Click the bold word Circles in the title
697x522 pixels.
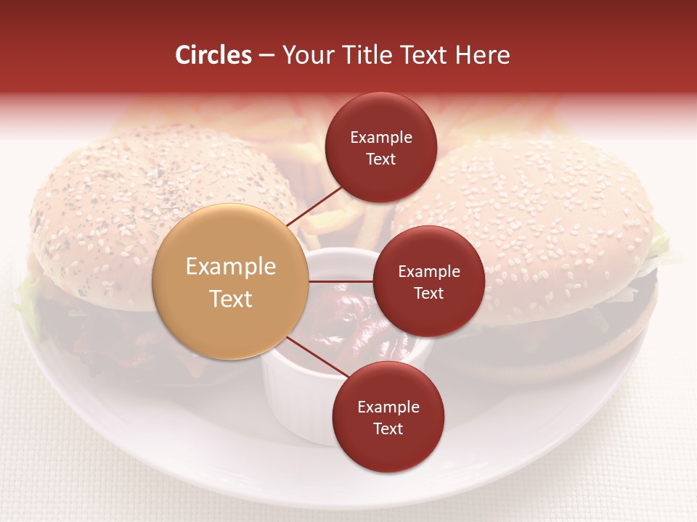pyautogui.click(x=213, y=55)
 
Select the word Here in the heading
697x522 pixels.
pyautogui.click(x=482, y=55)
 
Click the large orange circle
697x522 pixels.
pyautogui.click(x=231, y=281)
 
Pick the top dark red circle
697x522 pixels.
pyautogui.click(x=380, y=147)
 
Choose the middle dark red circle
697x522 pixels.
pyautogui.click(x=428, y=281)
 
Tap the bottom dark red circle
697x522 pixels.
pyautogui.click(x=388, y=417)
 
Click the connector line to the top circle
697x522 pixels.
pyautogui.click(x=317, y=205)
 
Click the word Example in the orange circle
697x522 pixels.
pyautogui.click(x=231, y=267)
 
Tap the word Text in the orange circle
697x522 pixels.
pyautogui.click(x=231, y=299)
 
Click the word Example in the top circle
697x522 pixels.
pyautogui.click(x=381, y=138)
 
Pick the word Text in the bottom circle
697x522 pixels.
pyautogui.click(x=388, y=428)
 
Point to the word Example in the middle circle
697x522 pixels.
pyautogui.click(x=429, y=272)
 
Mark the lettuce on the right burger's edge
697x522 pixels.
pyautogui.click(x=659, y=243)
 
